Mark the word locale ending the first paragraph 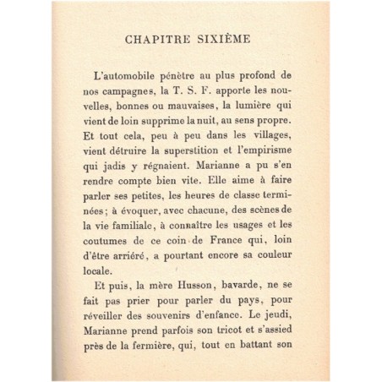105,317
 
